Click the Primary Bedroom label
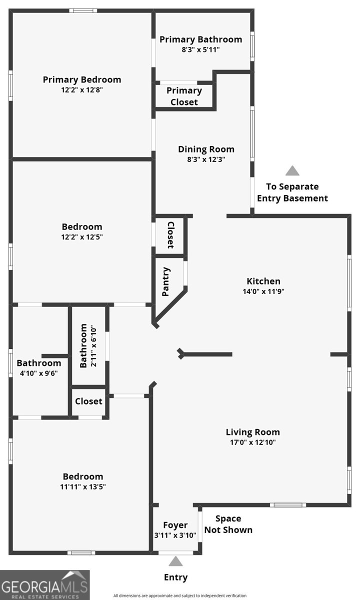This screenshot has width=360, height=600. (82, 79)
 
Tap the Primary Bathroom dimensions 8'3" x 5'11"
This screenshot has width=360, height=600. (200, 49)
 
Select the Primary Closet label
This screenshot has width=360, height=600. (184, 96)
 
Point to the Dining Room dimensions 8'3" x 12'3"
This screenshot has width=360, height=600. (206, 159)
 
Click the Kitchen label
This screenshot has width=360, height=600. (263, 281)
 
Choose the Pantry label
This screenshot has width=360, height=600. (166, 281)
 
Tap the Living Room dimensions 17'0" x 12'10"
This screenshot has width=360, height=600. (253, 442)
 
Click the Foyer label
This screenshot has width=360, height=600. (175, 525)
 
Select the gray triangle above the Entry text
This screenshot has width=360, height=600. (175, 561)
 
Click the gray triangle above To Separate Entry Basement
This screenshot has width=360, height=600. (292, 170)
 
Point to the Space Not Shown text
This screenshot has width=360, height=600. (228, 524)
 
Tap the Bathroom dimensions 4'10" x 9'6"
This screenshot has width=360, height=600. (39, 373)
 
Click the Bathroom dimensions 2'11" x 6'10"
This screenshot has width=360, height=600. (93, 346)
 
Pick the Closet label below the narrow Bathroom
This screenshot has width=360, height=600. (88, 401)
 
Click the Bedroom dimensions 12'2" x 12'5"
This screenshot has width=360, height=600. (82, 237)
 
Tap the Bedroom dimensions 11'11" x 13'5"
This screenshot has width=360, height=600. (83, 486)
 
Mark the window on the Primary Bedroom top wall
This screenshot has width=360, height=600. (83, 10)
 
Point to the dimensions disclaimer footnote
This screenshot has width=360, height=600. (180, 595)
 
